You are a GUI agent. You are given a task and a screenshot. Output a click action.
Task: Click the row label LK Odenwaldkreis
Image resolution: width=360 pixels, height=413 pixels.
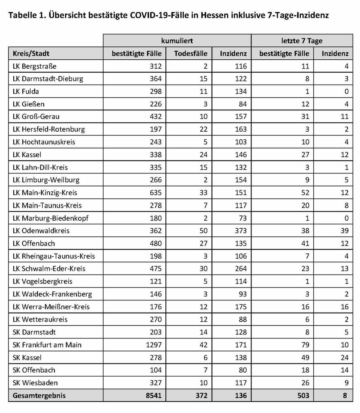coord(41,231)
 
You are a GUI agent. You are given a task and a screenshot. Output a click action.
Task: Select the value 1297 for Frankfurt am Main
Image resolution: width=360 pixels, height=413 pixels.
coord(153,345)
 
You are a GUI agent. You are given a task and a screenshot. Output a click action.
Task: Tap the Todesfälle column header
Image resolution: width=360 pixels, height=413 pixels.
coord(191,54)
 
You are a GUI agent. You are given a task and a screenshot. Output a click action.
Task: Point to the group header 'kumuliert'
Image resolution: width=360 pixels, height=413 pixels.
coord(177,41)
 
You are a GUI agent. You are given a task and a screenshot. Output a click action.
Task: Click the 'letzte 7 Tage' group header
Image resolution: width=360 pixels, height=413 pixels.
coord(302,41)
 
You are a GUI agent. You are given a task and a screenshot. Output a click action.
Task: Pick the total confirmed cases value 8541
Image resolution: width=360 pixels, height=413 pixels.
coord(153,396)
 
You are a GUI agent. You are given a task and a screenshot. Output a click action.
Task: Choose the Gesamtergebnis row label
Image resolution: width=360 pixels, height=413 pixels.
coord(39,396)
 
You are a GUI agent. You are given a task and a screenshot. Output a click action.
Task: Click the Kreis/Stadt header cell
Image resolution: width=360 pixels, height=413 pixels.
coord(31,54)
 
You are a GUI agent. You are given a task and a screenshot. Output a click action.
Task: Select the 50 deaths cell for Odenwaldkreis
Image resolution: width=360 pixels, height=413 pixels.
coord(203,231)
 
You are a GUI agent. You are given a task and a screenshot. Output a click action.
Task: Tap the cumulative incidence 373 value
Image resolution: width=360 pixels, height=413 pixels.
coord(241,231)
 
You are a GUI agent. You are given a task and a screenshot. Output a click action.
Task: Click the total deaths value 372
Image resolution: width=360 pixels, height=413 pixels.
coord(201,396)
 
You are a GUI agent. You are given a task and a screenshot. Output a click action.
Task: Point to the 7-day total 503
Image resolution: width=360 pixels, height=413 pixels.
coord(303,396)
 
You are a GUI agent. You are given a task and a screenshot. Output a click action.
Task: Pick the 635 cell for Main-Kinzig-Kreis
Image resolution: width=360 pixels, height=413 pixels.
coord(155,193)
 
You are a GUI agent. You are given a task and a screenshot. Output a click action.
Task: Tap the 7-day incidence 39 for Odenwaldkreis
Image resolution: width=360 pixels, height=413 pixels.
coord(343,231)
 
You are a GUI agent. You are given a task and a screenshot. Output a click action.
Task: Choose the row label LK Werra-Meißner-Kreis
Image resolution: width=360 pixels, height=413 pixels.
coord(51,307)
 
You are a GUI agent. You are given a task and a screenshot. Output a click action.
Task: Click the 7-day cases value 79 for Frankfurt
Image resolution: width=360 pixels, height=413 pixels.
coord(305,345)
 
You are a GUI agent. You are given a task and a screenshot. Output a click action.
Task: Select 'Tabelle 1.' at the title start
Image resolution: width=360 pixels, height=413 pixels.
coord(25,16)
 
